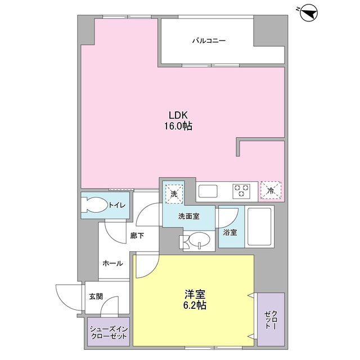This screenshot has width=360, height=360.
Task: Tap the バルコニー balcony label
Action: click(x=209, y=41)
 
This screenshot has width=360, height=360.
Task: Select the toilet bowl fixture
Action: click(x=94, y=205)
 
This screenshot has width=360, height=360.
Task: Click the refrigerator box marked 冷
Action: click(x=271, y=191)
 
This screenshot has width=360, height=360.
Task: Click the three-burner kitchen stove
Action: click(x=242, y=191)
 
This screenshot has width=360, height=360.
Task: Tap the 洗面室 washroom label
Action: click(x=189, y=216)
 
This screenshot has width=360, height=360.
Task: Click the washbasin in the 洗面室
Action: click(x=197, y=241)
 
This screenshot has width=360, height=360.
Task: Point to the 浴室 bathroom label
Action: click(x=229, y=231)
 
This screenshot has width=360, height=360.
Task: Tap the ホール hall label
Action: click(x=112, y=263)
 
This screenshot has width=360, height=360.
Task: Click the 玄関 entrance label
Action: click(x=95, y=296)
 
